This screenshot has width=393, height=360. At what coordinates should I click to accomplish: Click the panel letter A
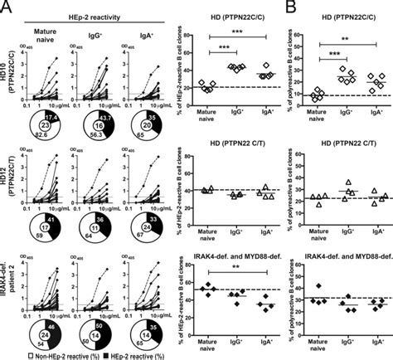point(6,7)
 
